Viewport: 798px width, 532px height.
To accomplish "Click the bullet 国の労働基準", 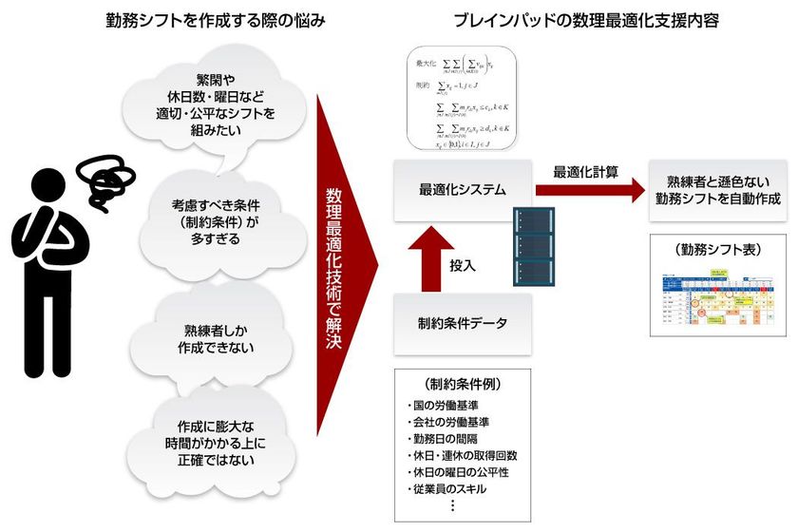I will [443, 405].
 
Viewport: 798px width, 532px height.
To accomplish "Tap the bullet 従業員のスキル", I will [446, 488].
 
